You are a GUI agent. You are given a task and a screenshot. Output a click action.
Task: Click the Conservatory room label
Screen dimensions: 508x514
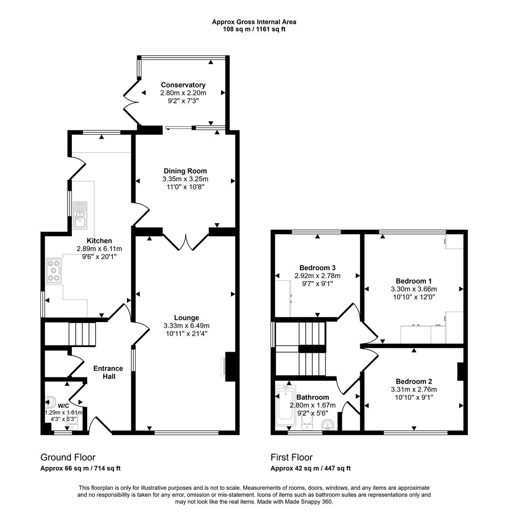[x=183, y=85]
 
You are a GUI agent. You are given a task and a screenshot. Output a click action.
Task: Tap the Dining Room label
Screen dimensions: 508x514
[x=185, y=171]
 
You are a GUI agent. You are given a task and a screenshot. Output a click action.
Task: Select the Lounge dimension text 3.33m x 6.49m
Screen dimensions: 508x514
[x=186, y=326]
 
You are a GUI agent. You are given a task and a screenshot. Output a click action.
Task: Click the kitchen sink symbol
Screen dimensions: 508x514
[x=80, y=216]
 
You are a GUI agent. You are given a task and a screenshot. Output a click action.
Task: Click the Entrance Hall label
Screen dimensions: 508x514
[x=108, y=372]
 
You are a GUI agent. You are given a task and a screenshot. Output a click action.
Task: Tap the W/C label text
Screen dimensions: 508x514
[x=63, y=406]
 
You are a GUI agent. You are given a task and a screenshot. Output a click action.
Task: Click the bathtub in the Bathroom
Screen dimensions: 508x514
[x=286, y=405]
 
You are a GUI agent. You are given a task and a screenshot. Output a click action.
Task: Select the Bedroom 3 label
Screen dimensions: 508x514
[x=318, y=268]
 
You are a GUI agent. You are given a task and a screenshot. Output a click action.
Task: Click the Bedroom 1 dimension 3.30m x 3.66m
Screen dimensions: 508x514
[x=414, y=289]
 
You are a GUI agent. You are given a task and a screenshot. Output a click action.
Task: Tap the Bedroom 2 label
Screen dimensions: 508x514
[x=414, y=381]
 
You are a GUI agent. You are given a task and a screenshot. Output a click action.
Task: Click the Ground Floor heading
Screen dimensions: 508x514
[x=68, y=457]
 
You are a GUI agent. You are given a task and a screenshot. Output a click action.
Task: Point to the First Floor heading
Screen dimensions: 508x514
[x=291, y=457]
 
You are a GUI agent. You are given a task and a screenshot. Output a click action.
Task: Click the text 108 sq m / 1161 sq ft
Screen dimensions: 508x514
[x=254, y=29]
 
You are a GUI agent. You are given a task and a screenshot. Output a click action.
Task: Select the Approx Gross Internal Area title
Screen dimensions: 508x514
[x=254, y=22]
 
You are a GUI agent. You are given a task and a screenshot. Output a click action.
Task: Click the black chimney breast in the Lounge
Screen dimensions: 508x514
[x=230, y=367]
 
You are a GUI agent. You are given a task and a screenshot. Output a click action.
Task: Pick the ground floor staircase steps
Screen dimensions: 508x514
[x=82, y=334]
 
